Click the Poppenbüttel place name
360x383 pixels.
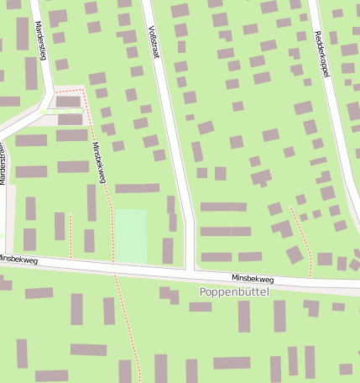[238, 291]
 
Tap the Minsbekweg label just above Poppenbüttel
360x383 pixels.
[253, 278]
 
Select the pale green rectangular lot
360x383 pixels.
[131, 236]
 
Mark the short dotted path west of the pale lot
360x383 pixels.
[70, 235]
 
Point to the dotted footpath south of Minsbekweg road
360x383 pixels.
[126, 328]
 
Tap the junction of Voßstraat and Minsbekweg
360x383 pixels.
[190, 270]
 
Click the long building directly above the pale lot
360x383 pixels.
[137, 188]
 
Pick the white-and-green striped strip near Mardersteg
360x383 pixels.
[61, 111]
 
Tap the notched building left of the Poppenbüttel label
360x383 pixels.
[169, 295]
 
